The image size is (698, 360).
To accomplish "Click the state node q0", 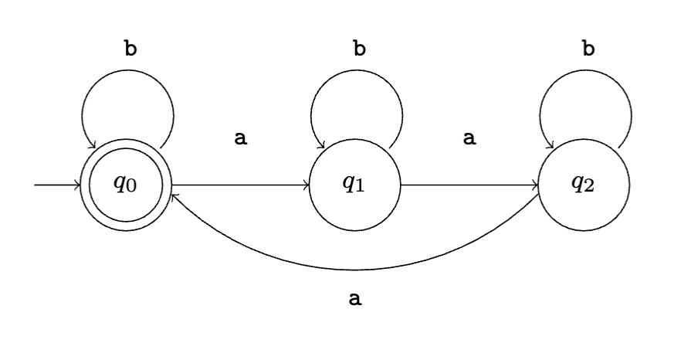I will (x=126, y=186).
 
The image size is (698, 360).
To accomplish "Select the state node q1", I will (x=354, y=186).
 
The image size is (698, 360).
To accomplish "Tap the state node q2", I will (x=583, y=186).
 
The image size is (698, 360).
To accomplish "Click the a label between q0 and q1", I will (x=241, y=138).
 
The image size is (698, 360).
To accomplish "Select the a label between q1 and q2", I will (x=469, y=138).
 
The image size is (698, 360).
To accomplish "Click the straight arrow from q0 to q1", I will (x=239, y=186).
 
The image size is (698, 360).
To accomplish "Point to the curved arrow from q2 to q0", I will (x=354, y=270).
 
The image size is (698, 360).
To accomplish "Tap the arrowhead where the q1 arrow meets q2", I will (x=534, y=186).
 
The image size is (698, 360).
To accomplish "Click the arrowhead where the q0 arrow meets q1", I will (x=306, y=186).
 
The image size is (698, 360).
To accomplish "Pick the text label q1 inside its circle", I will (x=354, y=186).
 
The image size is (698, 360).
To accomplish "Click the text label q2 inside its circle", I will (x=583, y=186).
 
